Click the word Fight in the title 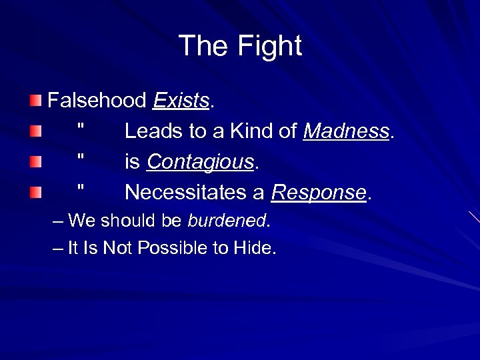point(271,47)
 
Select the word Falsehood point(97,101)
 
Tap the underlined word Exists point(181,101)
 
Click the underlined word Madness point(346,131)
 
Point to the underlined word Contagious point(201,162)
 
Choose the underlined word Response point(319,193)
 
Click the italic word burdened point(227,221)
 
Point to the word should point(127,221)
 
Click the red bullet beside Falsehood point(35,101)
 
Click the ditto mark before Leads point(81,127)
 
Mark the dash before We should point(58,221)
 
